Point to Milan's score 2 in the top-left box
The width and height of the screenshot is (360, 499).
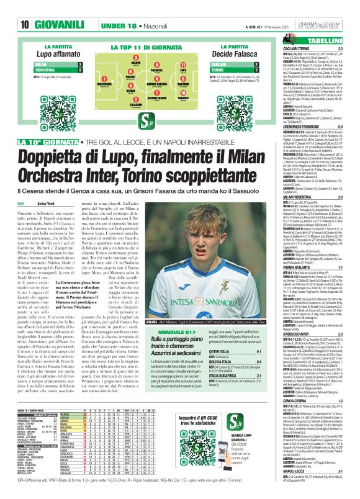point(97,64)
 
